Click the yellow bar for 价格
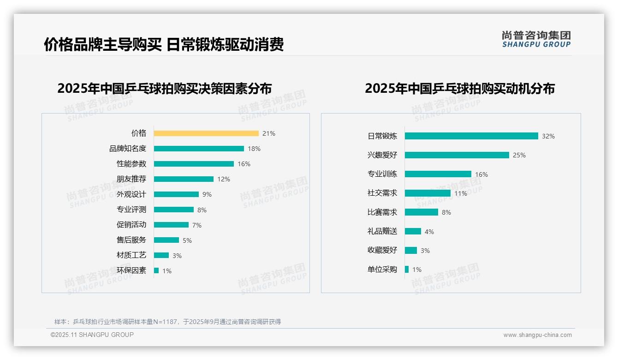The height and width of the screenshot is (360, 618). click(206, 133)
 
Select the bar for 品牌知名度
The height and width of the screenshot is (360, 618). click(199, 149)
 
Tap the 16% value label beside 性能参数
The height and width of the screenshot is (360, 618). click(244, 164)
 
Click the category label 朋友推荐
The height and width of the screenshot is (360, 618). click(131, 179)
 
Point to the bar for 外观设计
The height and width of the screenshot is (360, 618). click(176, 194)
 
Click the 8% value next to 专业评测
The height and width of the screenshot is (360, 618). click(202, 210)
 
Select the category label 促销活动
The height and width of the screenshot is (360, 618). click(131, 225)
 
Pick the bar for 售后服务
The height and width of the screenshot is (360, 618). click(166, 240)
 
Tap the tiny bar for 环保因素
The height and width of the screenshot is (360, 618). click(156, 270)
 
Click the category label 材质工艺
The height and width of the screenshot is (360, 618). click(131, 255)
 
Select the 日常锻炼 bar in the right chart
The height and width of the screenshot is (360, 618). click(471, 136)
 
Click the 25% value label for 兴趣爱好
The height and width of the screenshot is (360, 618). click(519, 155)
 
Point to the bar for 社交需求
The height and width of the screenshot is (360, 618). click(428, 193)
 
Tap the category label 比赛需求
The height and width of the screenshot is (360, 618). click(382, 212)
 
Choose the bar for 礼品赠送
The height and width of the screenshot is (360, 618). click(413, 231)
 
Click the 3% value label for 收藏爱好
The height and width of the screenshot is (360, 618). click(425, 251)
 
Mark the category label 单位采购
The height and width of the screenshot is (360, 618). click(382, 270)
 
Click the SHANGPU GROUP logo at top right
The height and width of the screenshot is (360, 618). click(536, 39)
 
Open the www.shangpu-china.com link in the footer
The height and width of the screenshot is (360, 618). click(537, 335)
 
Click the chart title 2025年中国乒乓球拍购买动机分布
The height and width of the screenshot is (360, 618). click(460, 89)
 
